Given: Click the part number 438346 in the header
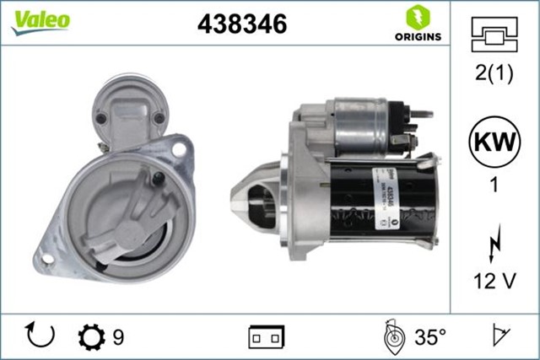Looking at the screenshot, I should pos(242,24).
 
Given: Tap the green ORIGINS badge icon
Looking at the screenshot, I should pos(416,16).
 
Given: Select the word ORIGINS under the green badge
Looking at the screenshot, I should pos(416,36).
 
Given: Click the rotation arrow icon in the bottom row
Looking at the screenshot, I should pos(40,336).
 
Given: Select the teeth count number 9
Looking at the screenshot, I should pos(118,337).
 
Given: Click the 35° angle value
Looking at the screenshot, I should pos(430,337).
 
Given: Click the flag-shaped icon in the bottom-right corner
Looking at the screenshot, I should pos(500,337).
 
